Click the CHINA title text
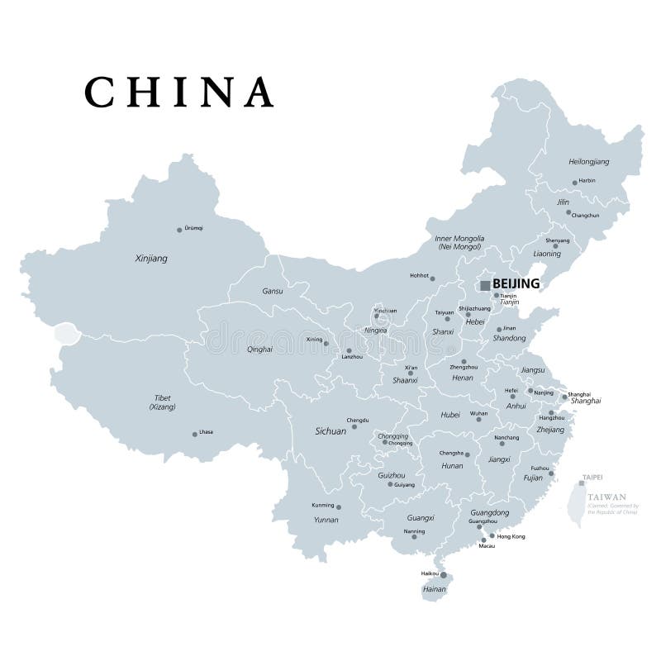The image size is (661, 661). point(179,92)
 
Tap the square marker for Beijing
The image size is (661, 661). point(484,285)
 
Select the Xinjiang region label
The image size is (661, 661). point(151,259)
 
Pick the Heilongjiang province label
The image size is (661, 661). point(589,162)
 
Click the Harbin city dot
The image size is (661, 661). point(574,183)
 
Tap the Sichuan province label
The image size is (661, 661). point(330,431)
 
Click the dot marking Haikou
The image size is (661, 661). point(443,575)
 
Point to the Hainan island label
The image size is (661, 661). point(434,590)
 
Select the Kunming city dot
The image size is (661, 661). point(339,506)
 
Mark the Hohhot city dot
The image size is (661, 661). point(433,278)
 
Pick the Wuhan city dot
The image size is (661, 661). point(478,419)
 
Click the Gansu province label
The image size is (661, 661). point(272,292)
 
